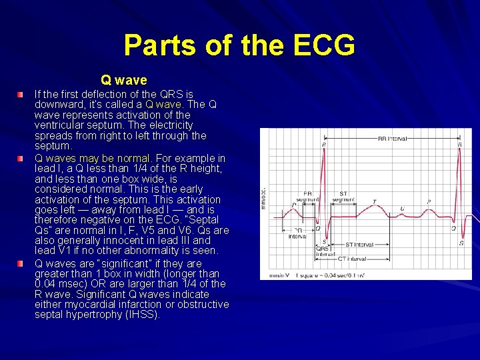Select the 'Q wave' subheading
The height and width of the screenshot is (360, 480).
point(124,81)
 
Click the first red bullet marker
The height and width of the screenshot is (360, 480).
point(21,95)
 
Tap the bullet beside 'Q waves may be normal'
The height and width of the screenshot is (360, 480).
point(21,159)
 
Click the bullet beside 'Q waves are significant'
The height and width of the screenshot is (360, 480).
point(21,264)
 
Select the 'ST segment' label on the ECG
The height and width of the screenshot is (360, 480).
point(343,197)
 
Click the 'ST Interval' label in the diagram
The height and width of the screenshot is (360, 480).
point(359,245)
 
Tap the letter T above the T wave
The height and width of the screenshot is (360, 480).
point(374,201)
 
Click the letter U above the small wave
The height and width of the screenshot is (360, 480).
point(402,209)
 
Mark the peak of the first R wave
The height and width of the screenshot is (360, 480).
point(323,149)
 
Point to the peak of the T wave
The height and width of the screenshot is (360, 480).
point(373,208)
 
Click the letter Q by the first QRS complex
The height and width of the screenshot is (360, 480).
point(317,227)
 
